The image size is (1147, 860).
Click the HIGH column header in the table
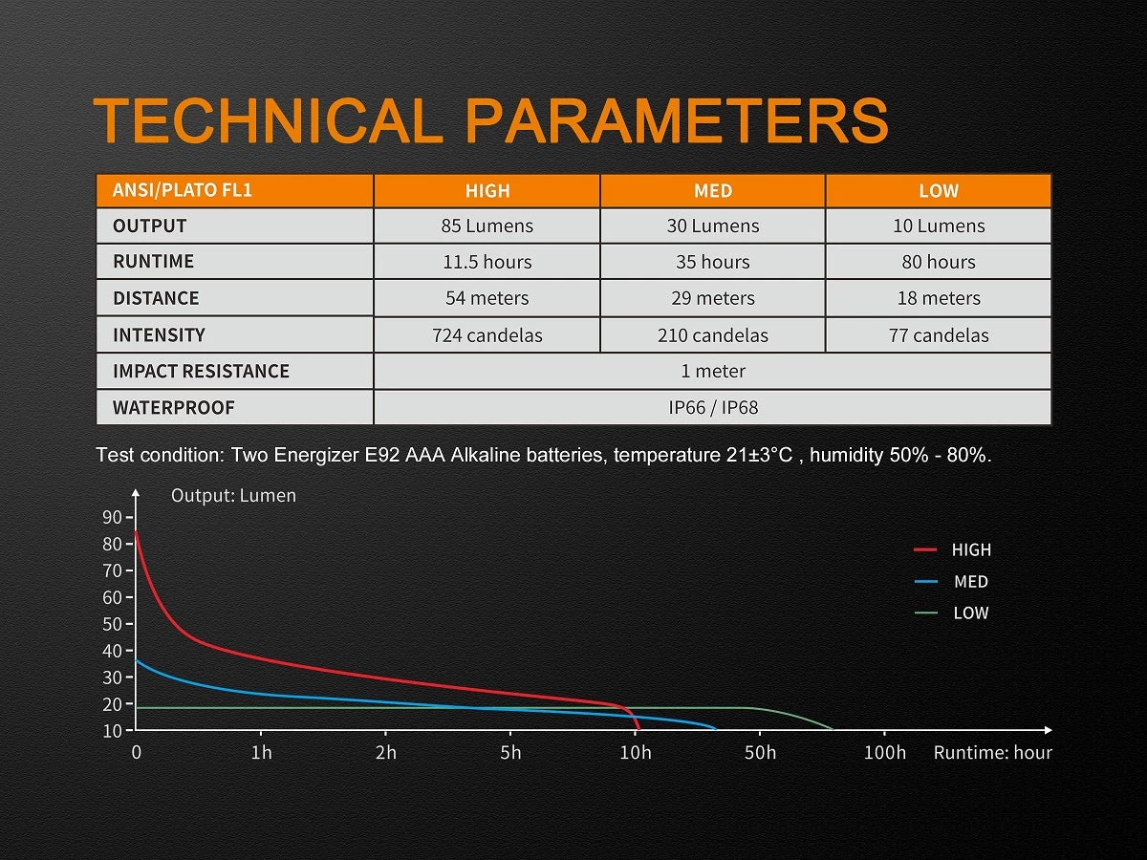pos(487,191)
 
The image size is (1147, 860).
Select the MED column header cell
pos(713,191)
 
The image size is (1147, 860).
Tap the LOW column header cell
pos(938,191)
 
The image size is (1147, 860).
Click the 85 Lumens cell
pos(487,226)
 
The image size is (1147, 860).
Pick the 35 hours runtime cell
pos(713,262)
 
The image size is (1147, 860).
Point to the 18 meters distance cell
pos(938,298)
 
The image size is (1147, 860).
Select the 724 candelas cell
pos(487,335)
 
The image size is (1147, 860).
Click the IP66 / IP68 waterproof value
pos(713,408)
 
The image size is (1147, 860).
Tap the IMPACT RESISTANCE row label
pos(201,371)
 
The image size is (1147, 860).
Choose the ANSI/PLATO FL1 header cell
pos(183,190)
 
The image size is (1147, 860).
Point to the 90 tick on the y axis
pos(112,517)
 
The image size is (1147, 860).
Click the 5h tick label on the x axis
pos(510,753)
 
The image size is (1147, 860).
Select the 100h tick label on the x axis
pos(884,753)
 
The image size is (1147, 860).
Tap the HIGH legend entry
pos(970,550)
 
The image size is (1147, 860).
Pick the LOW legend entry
pos(970,613)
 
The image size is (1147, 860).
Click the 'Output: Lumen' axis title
pos(233,496)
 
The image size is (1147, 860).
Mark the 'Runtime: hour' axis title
pos(992,753)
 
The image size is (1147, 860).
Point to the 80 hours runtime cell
pos(938,262)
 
